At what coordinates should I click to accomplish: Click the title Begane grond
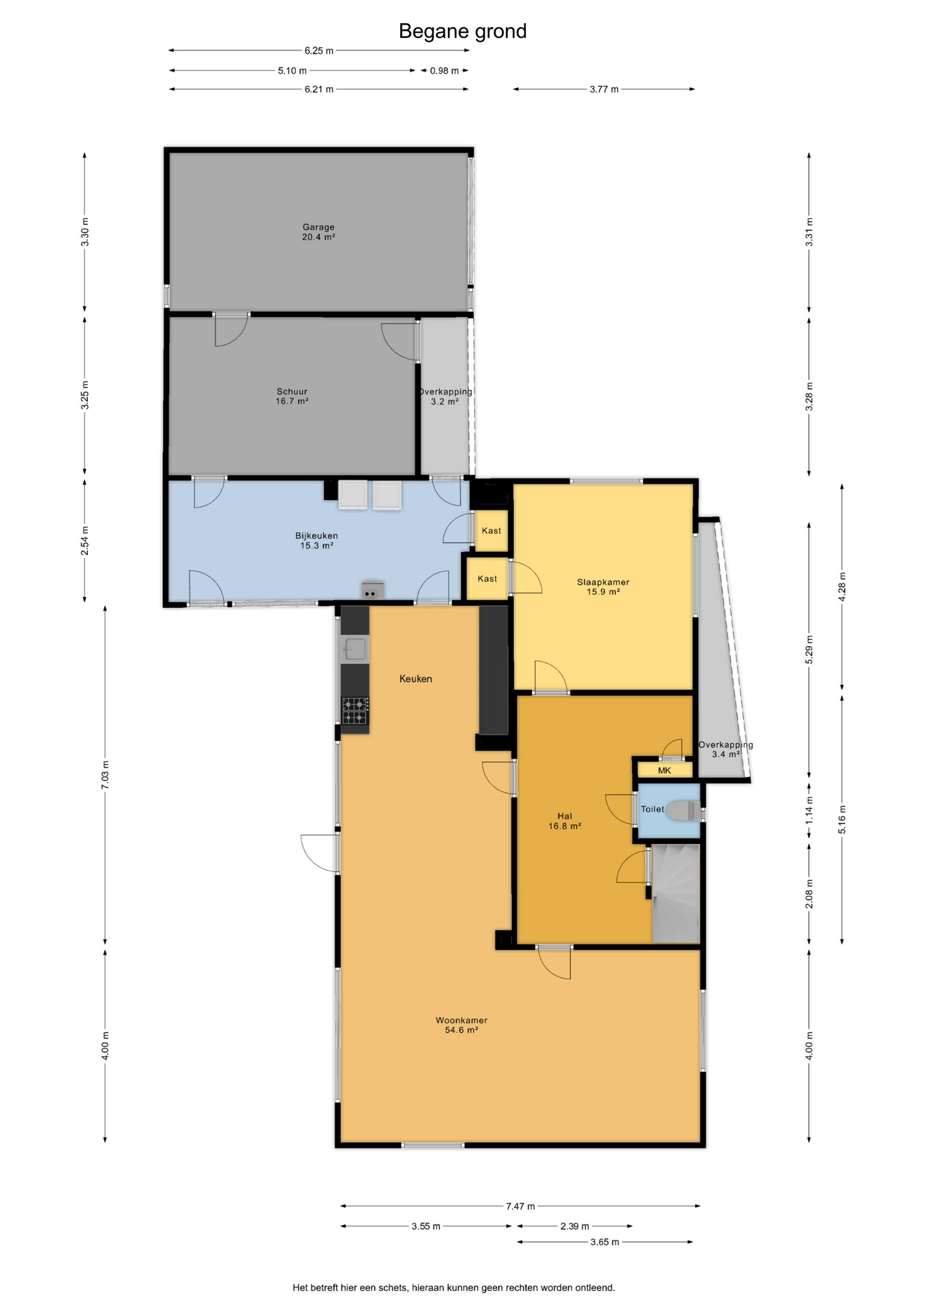click(x=462, y=31)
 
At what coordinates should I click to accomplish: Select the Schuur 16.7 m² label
click(x=292, y=396)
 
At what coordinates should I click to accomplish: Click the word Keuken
click(x=415, y=679)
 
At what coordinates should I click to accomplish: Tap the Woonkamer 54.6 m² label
click(x=462, y=1025)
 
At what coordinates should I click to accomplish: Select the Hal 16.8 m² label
click(x=565, y=821)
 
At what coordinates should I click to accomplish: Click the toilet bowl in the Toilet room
click(x=681, y=811)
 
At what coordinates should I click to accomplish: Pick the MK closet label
click(x=664, y=770)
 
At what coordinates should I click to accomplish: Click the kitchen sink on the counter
click(x=355, y=648)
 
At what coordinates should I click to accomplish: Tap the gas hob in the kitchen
click(x=355, y=711)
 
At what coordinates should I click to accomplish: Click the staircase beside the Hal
click(x=676, y=894)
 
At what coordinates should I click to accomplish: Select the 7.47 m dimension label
click(x=520, y=1206)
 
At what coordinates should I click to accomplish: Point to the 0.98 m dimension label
click(x=444, y=71)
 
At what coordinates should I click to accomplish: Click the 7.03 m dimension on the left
click(x=105, y=775)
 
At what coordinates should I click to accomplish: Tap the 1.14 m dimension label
click(x=809, y=811)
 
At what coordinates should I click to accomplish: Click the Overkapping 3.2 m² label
click(x=445, y=396)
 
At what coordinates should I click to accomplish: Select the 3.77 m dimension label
click(x=604, y=89)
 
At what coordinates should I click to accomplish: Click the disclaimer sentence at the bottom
click(x=453, y=1287)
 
